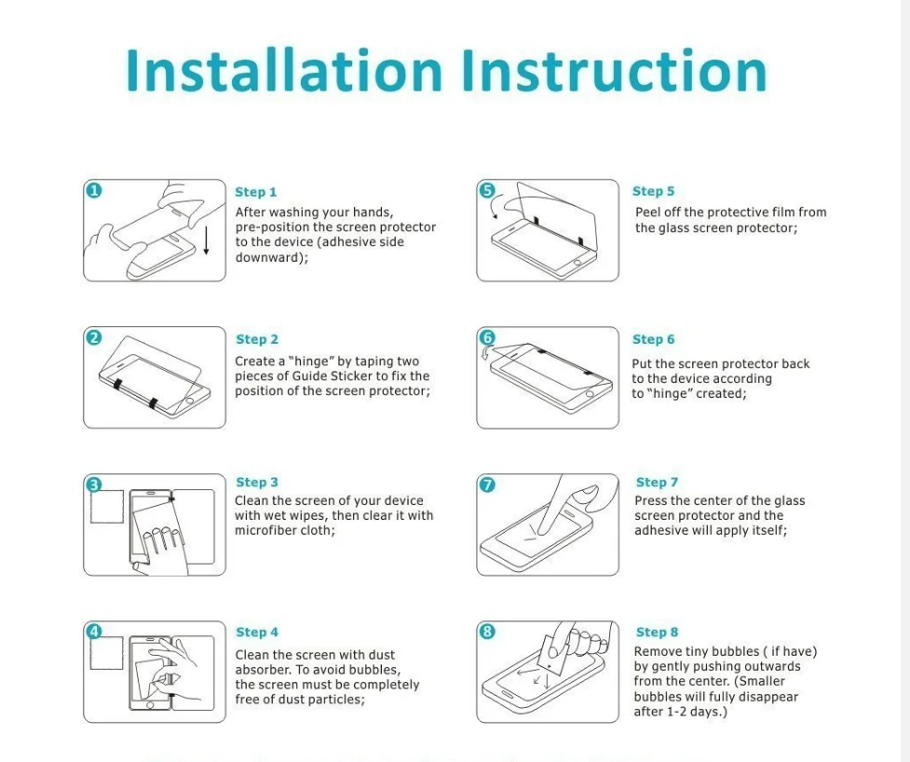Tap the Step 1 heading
(256, 192)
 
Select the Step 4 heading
(257, 632)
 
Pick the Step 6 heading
(654, 339)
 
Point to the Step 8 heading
(657, 632)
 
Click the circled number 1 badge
(93, 190)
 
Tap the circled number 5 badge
(487, 190)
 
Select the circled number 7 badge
(487, 484)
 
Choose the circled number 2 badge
(93, 337)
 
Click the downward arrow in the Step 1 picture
(206, 240)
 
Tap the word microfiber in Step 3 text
(265, 530)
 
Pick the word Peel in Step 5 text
(647, 212)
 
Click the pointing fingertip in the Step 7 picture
(544, 529)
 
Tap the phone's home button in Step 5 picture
(578, 262)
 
